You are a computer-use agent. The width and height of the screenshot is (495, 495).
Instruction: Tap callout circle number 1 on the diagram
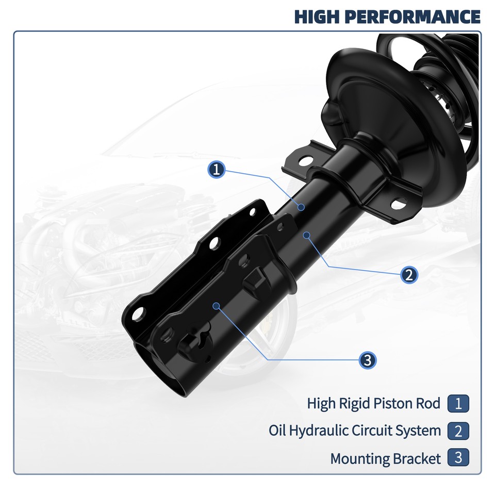pyautogui.click(x=217, y=169)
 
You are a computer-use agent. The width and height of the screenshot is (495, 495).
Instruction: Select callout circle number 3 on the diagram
pyautogui.click(x=367, y=360)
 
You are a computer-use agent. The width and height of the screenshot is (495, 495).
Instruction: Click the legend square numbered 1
pyautogui.click(x=458, y=403)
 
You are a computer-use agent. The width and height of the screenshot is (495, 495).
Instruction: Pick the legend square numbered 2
pyautogui.click(x=458, y=431)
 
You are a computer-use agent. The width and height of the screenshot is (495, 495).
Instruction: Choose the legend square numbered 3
pyautogui.click(x=458, y=458)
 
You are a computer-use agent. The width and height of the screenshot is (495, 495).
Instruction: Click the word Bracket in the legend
pyautogui.click(x=417, y=458)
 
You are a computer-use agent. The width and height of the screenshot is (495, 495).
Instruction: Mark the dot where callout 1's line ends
pyautogui.click(x=301, y=207)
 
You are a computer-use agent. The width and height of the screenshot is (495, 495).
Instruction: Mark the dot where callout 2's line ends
pyautogui.click(x=307, y=235)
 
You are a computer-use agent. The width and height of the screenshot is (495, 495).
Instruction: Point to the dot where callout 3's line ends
pyautogui.click(x=216, y=306)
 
